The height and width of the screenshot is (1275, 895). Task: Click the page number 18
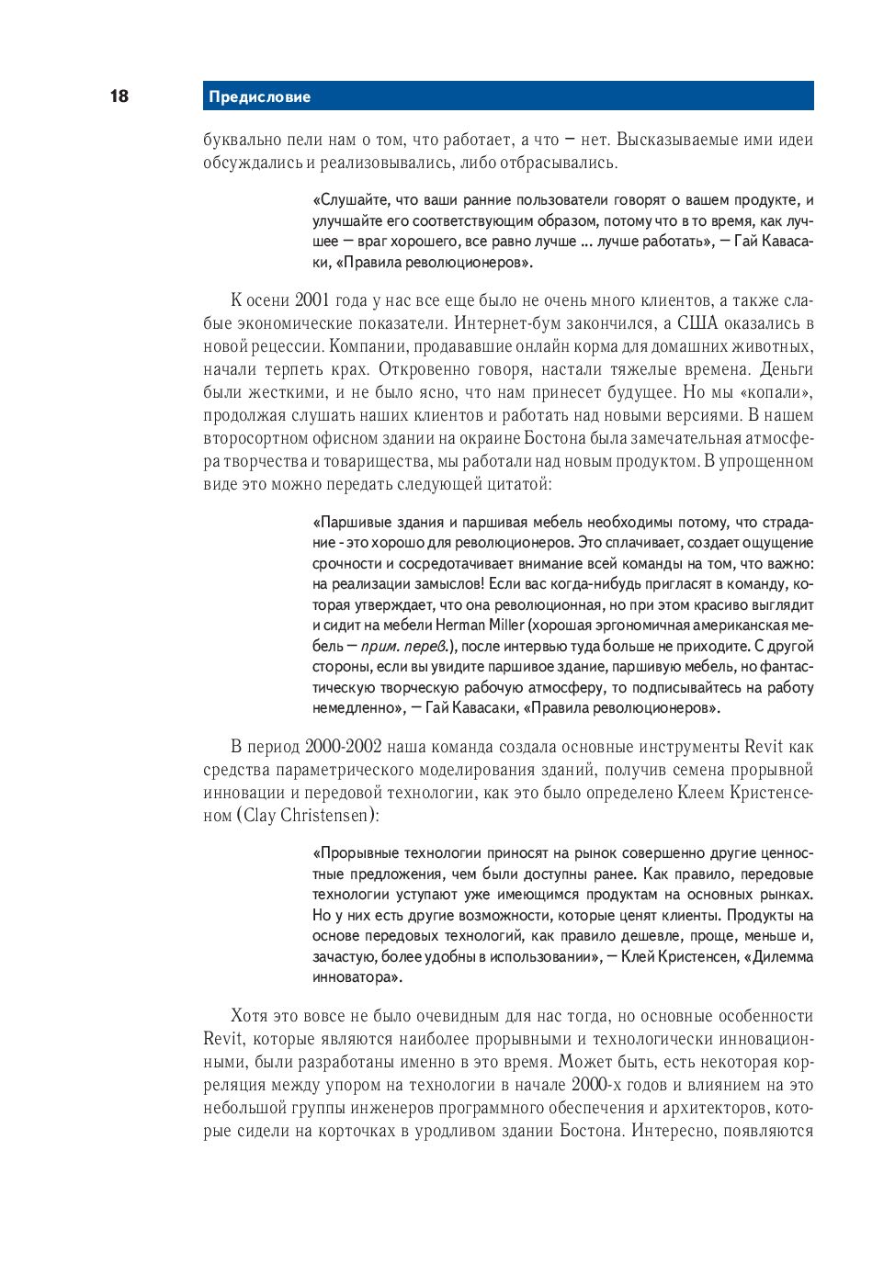119,96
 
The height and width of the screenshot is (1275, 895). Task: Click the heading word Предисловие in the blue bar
259,96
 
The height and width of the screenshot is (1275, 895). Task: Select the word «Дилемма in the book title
779,957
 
